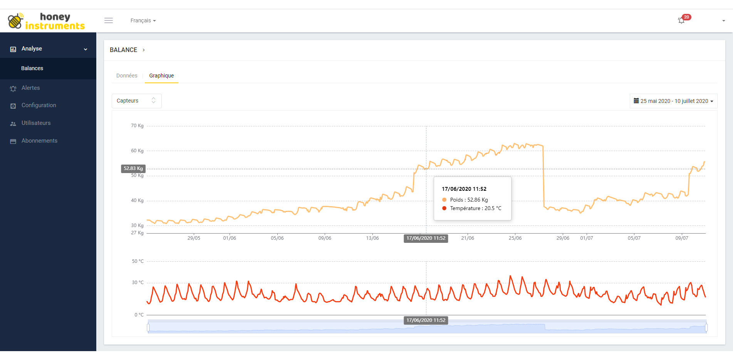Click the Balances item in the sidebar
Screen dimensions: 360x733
(x=32, y=68)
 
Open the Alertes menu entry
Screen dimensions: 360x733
(x=30, y=88)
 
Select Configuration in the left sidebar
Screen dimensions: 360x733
(x=39, y=105)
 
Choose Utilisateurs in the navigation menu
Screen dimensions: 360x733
(x=36, y=123)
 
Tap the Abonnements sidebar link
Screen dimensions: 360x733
(x=39, y=141)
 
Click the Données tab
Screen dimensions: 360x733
(x=127, y=76)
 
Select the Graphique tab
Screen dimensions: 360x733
(x=161, y=76)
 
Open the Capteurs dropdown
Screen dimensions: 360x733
(x=136, y=101)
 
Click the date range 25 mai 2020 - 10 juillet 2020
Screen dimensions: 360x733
(x=673, y=101)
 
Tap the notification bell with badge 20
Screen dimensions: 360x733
(x=681, y=20)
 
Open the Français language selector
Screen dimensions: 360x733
(x=143, y=20)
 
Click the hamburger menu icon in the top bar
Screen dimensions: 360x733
(x=109, y=20)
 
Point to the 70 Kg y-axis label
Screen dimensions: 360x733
(x=137, y=126)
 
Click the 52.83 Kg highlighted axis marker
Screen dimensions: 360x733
(x=133, y=168)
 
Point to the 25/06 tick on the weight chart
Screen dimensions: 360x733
(x=515, y=238)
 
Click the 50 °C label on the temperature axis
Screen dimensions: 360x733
(x=138, y=261)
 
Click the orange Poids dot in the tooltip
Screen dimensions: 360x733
(x=444, y=200)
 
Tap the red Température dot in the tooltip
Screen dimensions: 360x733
(x=444, y=208)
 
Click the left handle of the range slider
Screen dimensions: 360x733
(x=148, y=328)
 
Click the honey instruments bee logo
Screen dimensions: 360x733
(x=15, y=21)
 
